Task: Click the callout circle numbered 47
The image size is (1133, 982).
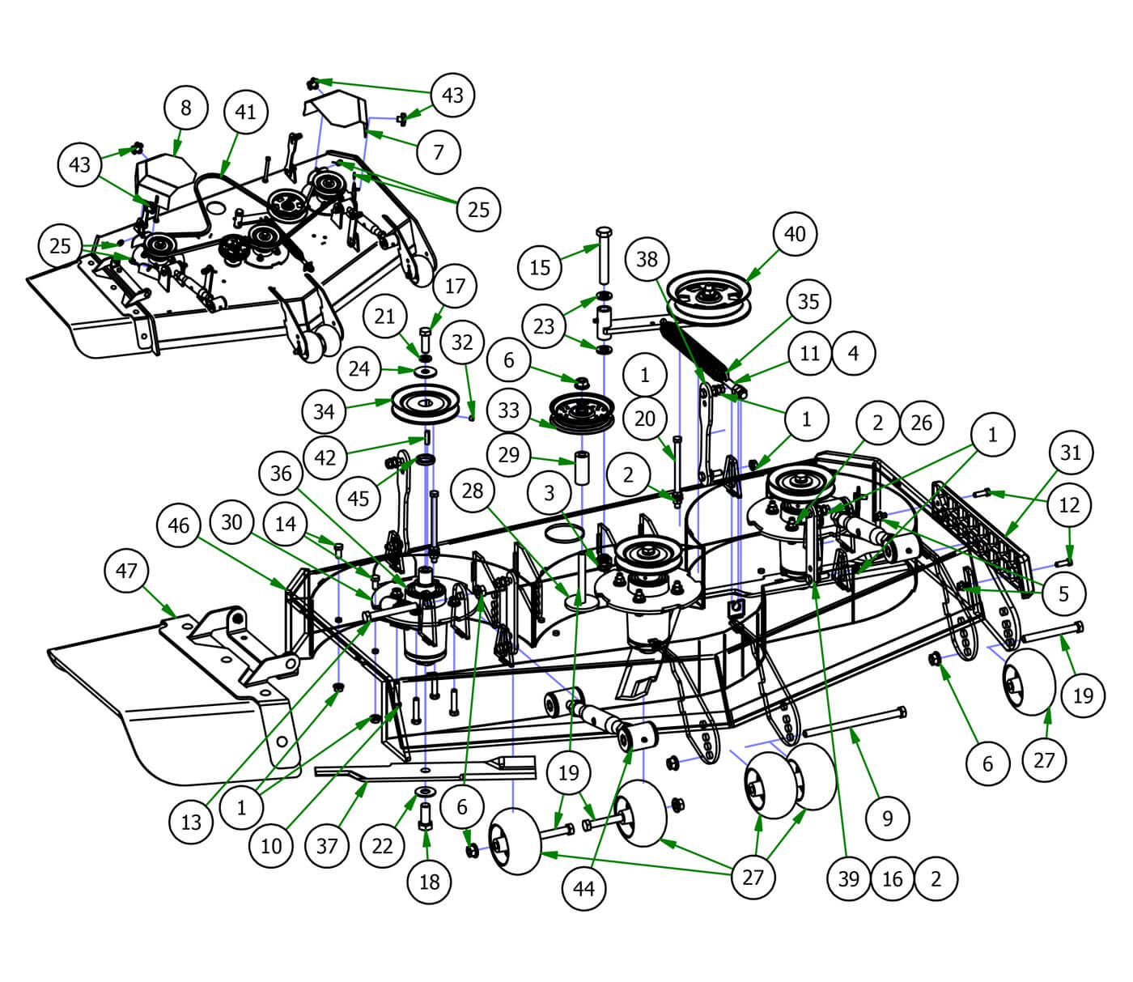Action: click(127, 571)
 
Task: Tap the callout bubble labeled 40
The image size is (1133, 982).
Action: click(795, 234)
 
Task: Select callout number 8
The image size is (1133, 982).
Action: click(186, 108)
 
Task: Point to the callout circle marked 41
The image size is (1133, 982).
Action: click(245, 112)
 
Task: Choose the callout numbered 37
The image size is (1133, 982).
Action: click(327, 846)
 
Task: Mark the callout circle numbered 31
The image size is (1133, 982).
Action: click(1071, 453)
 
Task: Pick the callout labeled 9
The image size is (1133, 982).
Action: click(888, 818)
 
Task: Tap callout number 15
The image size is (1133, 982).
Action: click(540, 267)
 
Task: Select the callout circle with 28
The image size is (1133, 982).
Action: click(473, 490)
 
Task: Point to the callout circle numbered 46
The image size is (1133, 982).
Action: click(179, 525)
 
